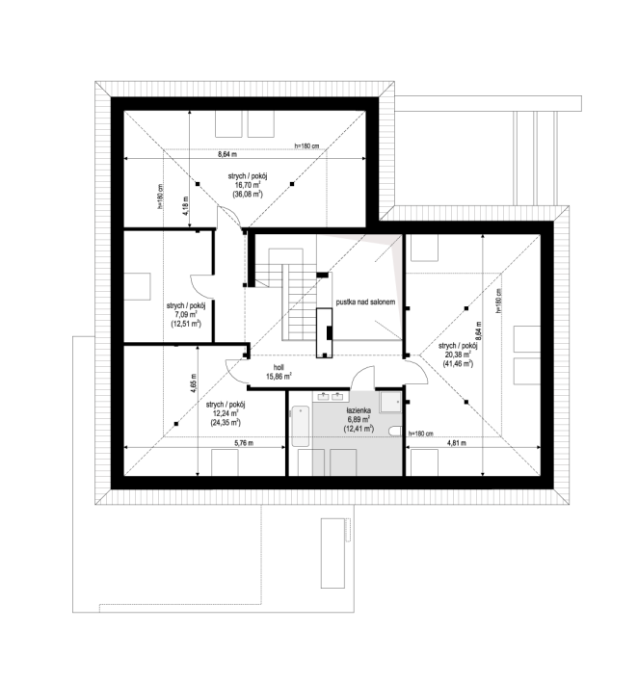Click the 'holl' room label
(279, 368)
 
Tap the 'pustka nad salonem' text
(365, 302)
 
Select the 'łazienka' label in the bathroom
(359, 410)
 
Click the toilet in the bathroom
(395, 431)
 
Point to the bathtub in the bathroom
(301, 426)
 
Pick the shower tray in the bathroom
(390, 402)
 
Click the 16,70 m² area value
(248, 185)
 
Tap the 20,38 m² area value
(458, 355)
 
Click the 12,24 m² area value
(226, 413)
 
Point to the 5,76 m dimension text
(244, 443)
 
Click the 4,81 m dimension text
(456, 443)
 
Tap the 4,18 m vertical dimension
(185, 206)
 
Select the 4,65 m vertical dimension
(194, 383)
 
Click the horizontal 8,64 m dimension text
(227, 154)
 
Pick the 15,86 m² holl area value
(279, 376)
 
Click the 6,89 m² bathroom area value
(359, 419)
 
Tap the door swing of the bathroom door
(363, 377)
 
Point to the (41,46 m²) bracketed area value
(458, 363)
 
